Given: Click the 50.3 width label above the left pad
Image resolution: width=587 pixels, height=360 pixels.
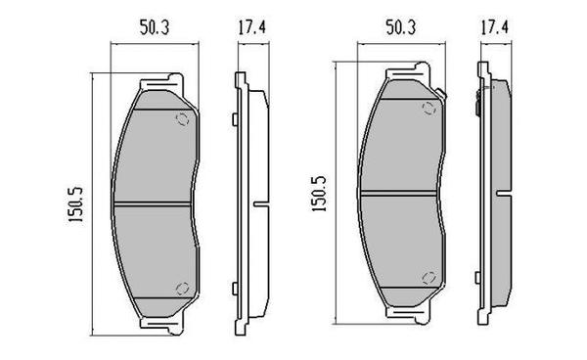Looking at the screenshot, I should (149, 30).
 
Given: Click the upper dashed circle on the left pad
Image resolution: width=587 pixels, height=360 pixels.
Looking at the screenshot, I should (181, 119).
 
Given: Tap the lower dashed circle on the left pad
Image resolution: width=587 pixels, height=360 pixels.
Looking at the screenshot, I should (181, 287).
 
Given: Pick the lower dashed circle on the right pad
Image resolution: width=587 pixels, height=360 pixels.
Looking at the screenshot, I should (427, 276).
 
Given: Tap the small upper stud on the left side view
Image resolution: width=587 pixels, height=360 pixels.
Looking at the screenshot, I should (234, 120).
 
